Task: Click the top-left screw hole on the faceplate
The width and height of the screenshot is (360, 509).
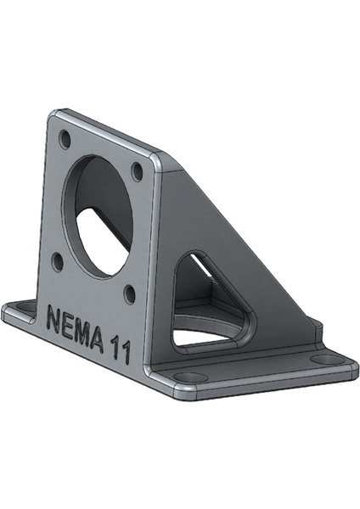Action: click(x=65, y=139)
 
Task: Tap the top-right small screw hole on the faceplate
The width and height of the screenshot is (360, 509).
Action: click(x=137, y=171)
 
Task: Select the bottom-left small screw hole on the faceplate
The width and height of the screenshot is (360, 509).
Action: click(x=58, y=261)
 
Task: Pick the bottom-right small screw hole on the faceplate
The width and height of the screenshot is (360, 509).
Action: click(x=130, y=294)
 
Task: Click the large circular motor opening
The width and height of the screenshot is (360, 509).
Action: click(x=98, y=216)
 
